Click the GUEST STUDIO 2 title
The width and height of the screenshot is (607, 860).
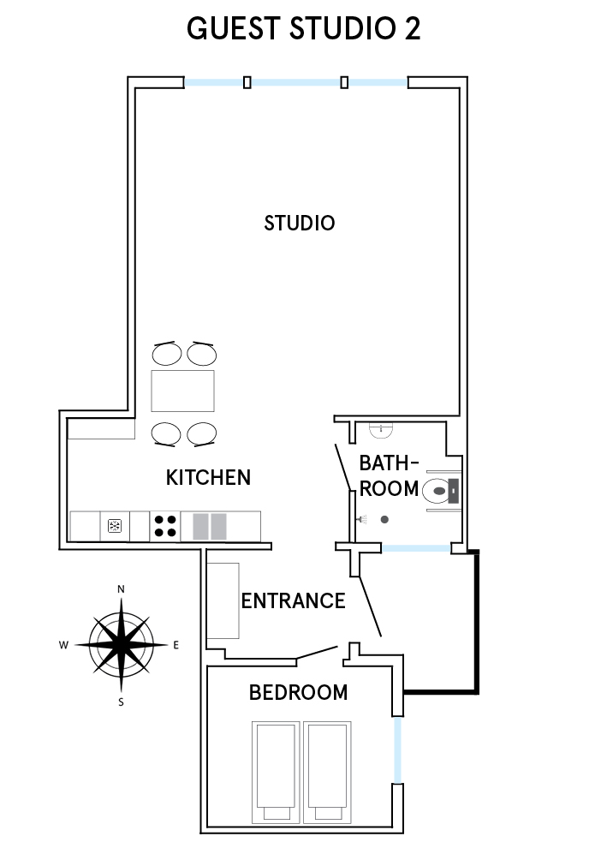pos(303,28)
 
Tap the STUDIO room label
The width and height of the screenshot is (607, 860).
pos(300,224)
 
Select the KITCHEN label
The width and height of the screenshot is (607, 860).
pos(208,478)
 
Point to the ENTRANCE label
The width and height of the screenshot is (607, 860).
pos(294,601)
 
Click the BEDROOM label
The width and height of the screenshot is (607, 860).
pos(298,693)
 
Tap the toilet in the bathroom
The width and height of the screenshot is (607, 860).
pos(437,491)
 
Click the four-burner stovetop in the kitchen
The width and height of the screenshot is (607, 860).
pos(165,526)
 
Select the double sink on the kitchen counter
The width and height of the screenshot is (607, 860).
pos(211,527)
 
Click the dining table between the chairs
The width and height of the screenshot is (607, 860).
pos(182,391)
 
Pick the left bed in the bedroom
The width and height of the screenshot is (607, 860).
pos(276,772)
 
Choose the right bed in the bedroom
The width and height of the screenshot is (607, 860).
pos(327,772)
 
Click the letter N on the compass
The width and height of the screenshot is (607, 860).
pos(122,589)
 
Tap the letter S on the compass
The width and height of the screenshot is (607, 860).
pos(122,702)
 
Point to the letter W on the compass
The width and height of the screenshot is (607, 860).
pos(63,645)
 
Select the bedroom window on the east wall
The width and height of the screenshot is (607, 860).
pos(397,750)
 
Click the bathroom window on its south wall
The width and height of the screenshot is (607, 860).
pos(416,548)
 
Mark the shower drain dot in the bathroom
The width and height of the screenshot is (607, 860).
pos(385,519)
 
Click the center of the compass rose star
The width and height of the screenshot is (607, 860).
pos(122,645)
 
